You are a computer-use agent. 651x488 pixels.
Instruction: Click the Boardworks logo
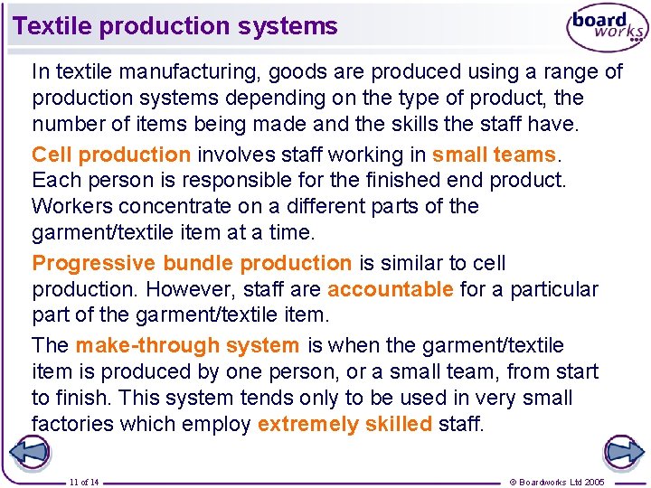coord(607,28)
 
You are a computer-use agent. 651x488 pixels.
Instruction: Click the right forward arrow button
coord(623,453)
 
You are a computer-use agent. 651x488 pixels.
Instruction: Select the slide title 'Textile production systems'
coord(175,26)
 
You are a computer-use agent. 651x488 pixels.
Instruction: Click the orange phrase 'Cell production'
coord(111,155)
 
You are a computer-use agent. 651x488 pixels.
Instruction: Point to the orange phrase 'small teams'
coord(493,155)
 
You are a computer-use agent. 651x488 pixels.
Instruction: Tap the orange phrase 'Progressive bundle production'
coord(192,264)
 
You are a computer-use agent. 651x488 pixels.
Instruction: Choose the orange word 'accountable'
coord(391,290)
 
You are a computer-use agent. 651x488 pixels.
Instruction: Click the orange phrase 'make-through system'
coord(187,346)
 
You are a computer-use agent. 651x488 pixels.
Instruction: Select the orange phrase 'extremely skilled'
coord(344,425)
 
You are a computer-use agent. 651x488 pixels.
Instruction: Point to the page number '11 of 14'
coord(84,482)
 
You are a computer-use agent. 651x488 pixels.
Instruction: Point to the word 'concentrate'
coord(173,206)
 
